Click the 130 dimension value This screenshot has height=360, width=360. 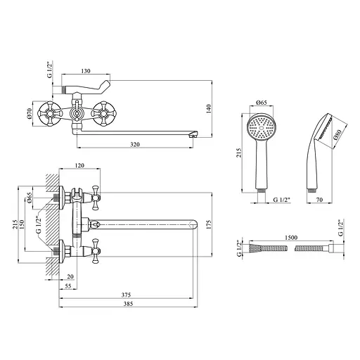point(86,71)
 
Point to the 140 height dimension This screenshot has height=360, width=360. point(208,109)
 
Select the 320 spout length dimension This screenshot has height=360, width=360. point(135,144)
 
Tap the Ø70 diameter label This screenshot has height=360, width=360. point(30,113)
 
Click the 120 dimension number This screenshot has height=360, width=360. point(79,165)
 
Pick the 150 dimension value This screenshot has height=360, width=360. point(22,224)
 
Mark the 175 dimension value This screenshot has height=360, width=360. point(208,224)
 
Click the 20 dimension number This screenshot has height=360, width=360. point(70,276)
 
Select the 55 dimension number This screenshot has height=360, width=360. point(67,285)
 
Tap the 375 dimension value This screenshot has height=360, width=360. point(126,295)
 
